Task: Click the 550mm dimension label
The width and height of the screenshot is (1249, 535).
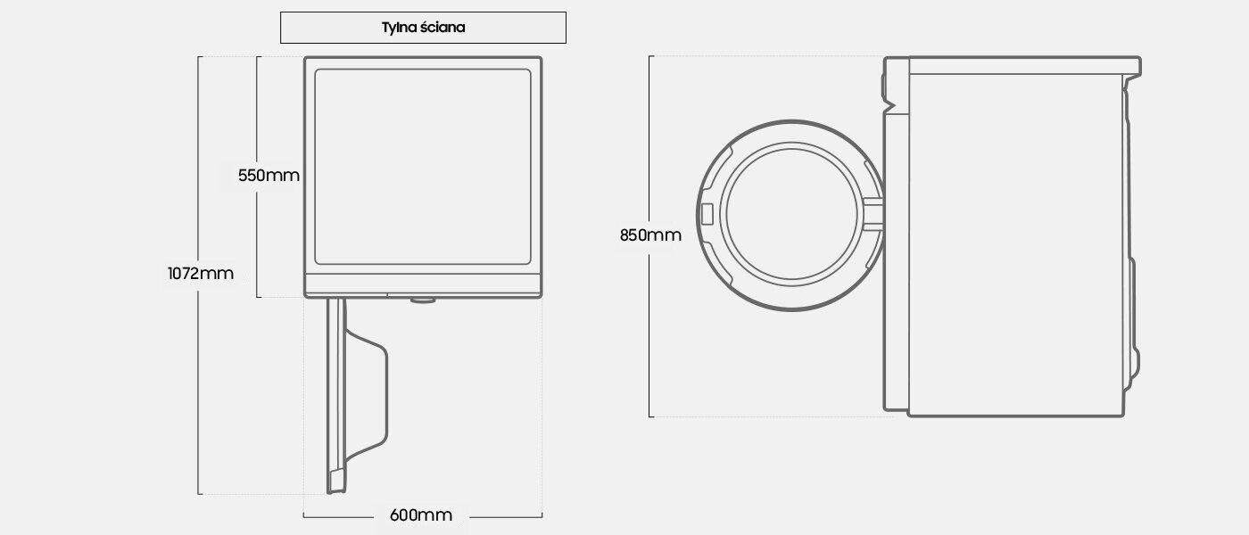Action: pos(269,176)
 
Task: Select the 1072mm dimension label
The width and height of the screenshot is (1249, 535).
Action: pos(201,274)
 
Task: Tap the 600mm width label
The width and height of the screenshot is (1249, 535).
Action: pos(421,515)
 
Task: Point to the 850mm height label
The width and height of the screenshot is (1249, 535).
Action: pos(650,235)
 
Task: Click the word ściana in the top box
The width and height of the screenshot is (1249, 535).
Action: pos(443,28)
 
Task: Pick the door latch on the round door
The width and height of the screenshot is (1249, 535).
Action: pos(707,215)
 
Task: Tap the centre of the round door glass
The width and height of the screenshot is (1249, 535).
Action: pos(792,215)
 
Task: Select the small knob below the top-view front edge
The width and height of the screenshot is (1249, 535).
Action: pos(423,300)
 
